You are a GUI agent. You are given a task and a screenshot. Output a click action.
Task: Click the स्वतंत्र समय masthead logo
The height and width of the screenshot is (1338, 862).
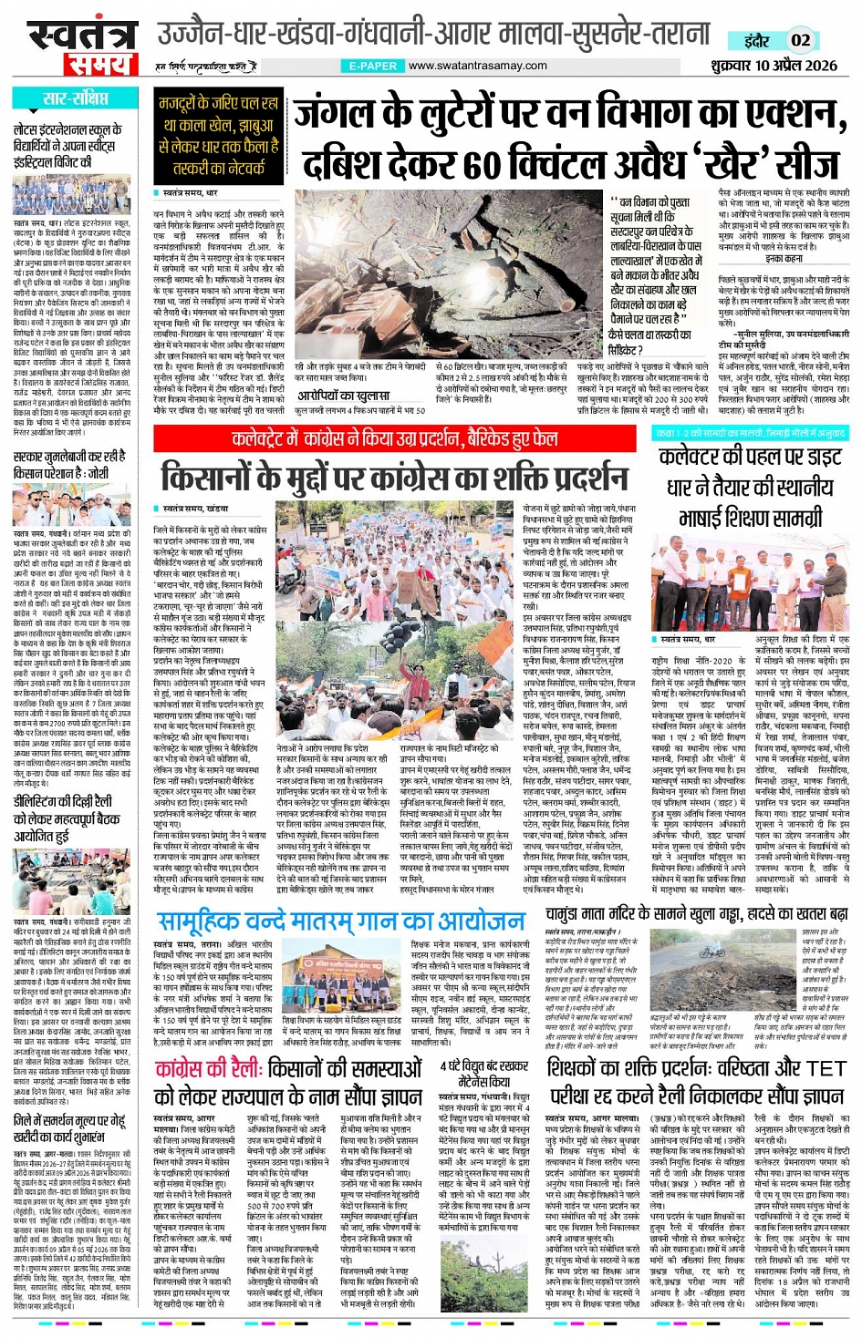(77, 46)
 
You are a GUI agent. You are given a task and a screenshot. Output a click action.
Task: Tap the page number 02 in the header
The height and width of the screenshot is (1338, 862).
(800, 40)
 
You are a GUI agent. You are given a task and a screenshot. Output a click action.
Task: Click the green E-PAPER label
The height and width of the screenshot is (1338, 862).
(373, 66)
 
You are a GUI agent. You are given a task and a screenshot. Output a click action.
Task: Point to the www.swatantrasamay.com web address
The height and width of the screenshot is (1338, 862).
(477, 66)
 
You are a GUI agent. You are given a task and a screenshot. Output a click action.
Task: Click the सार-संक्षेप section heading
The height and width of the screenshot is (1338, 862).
(75, 98)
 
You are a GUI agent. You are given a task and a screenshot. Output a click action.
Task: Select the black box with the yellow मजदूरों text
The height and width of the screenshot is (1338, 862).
(220, 136)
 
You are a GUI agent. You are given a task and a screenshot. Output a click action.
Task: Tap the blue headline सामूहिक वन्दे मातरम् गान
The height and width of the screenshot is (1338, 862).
(340, 920)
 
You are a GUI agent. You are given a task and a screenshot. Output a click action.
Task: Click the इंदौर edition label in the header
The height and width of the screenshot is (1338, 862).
(756, 40)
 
